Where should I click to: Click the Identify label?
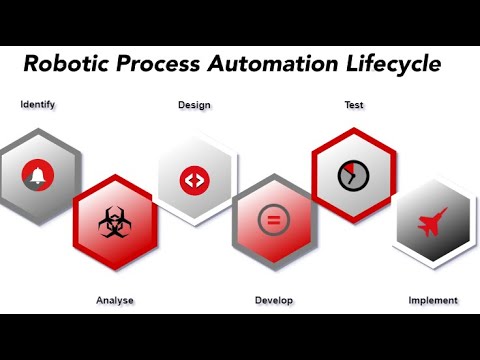tap(37, 103)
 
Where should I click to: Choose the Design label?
tap(194, 105)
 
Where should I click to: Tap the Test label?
tap(354, 103)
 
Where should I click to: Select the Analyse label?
tap(114, 300)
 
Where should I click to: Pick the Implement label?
tap(433, 300)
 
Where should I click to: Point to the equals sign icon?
tap(271, 220)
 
